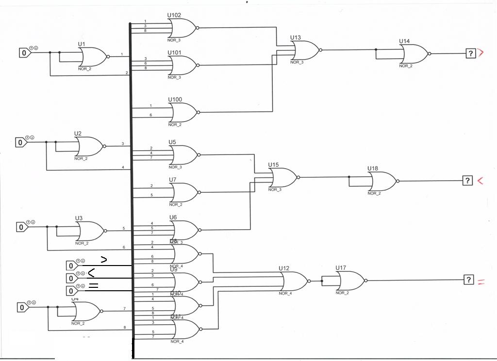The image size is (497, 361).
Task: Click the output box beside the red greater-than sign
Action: pyautogui.click(x=470, y=53)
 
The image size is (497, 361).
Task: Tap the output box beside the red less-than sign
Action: pyautogui.click(x=467, y=181)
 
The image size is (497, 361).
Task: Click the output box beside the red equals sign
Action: pyautogui.click(x=468, y=280)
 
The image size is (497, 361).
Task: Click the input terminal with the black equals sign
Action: pyautogui.click(x=71, y=291)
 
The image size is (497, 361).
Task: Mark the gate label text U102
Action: pyautogui.click(x=174, y=16)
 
